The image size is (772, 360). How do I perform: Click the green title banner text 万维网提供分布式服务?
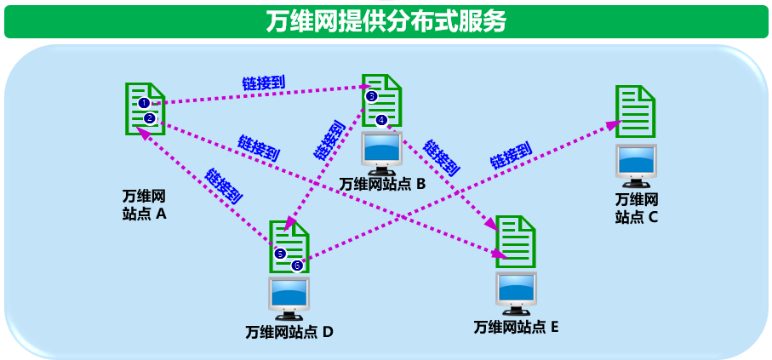point(386,20)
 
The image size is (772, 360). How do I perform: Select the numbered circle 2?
point(149,118)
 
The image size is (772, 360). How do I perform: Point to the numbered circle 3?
point(371,97)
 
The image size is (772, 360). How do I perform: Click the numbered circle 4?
point(381,120)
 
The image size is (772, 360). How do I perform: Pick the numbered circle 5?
point(280,253)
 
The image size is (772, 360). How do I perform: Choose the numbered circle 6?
point(296,266)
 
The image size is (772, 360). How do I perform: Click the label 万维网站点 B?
point(381,184)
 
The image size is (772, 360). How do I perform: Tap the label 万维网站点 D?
point(289,332)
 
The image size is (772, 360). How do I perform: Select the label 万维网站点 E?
point(516,327)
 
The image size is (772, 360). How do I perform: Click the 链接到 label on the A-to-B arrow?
point(264,83)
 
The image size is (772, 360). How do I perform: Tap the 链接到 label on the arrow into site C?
point(511,155)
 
